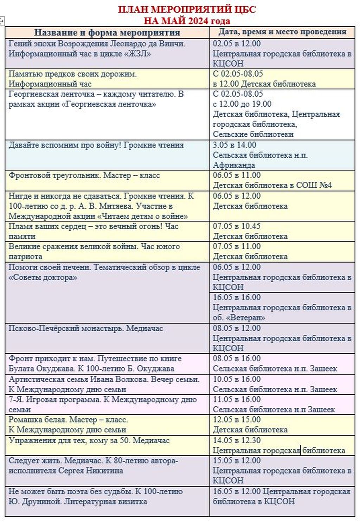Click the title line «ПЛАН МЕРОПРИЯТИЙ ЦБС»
pos(187,9)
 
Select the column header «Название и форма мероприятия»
pos(107,33)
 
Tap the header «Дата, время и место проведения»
pos(282,32)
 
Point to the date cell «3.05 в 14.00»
pos(234,145)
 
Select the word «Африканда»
pos(234,165)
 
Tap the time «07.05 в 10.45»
pos(237,226)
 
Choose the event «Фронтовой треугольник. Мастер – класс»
pos(84,175)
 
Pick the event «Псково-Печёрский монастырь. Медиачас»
pos(86,328)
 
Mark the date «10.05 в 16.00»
pos(237,380)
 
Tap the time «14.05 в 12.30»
pos(237,440)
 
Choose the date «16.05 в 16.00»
pos(237,297)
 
